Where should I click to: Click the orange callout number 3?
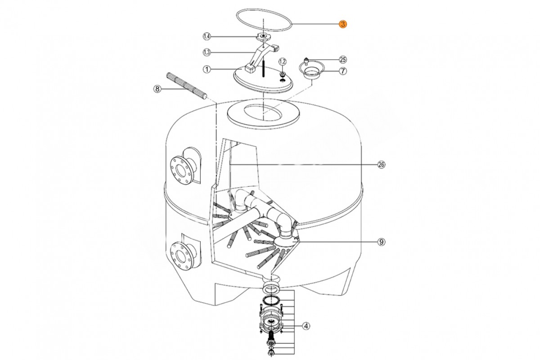click(x=343, y=24)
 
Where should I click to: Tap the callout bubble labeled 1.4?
click(x=207, y=36)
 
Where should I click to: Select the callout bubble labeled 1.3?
click(x=207, y=52)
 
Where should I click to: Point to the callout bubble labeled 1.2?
click(x=283, y=62)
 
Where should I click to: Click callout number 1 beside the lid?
click(x=207, y=69)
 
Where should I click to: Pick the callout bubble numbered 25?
click(x=343, y=59)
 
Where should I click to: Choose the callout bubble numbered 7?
click(x=343, y=71)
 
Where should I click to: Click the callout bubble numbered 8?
click(x=157, y=89)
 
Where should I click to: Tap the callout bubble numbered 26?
click(x=381, y=165)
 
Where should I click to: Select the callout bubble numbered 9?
click(x=381, y=242)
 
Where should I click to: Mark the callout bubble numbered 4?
click(x=306, y=326)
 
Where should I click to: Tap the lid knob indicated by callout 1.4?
click(x=264, y=36)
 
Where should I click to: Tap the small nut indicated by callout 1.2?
click(x=282, y=73)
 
